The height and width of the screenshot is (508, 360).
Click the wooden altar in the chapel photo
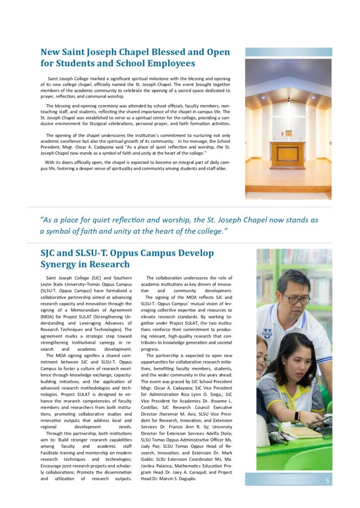tap(288, 154)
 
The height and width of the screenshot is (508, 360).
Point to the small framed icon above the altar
tap(288, 133)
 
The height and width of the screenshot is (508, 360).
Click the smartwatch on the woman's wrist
tap(297, 416)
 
